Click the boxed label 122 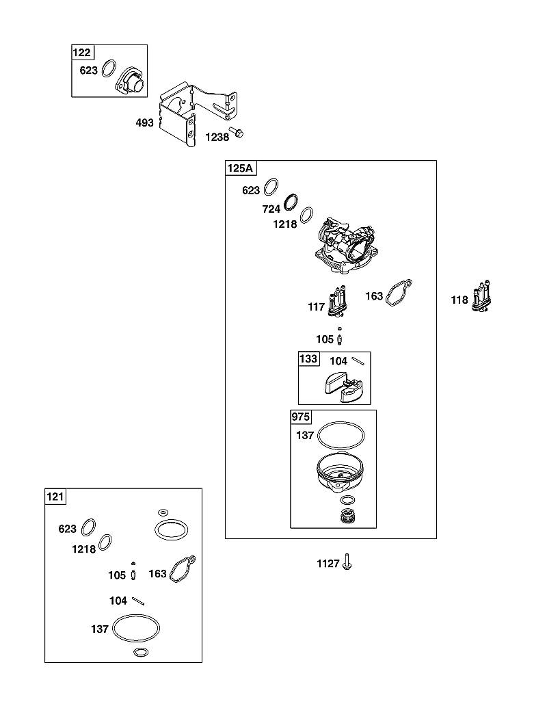[x=81, y=53]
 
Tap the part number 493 [x=144, y=122]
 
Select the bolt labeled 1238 [x=236, y=132]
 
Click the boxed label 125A [x=240, y=168]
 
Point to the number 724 [x=271, y=209]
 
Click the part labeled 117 [x=338, y=301]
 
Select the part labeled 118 [x=481, y=298]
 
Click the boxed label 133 [x=308, y=359]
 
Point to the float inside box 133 [x=340, y=387]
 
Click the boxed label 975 [x=301, y=417]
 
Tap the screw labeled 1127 [x=347, y=562]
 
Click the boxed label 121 [x=55, y=497]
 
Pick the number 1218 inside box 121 [x=84, y=549]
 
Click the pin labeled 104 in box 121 [x=138, y=601]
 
